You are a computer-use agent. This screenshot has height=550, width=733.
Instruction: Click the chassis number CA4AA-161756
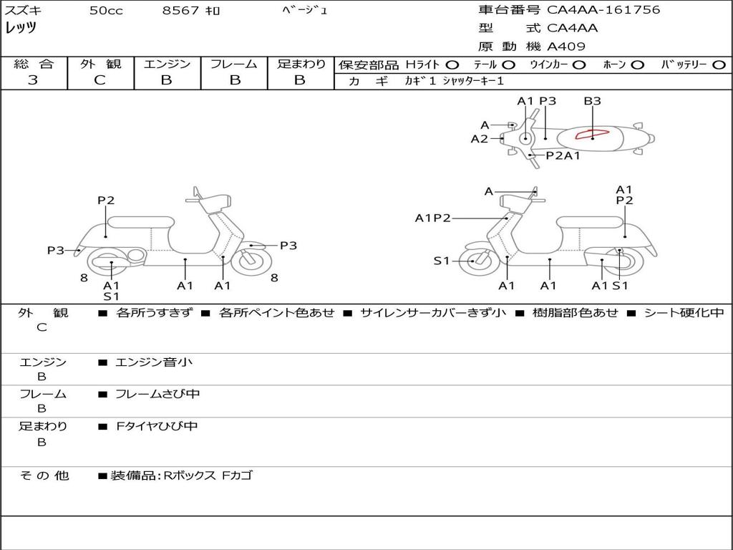[x=603, y=10]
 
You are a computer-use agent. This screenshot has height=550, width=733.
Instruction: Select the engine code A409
[x=566, y=47]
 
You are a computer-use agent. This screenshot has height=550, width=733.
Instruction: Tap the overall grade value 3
[x=33, y=80]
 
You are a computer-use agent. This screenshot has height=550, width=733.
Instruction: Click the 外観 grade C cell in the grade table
[x=100, y=80]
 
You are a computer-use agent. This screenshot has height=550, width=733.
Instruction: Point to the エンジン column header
[x=167, y=64]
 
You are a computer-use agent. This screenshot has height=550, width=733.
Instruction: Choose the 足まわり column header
[x=301, y=64]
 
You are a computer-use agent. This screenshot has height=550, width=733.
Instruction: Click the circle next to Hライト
[x=452, y=65]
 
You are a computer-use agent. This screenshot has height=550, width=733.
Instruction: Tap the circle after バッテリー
[x=719, y=65]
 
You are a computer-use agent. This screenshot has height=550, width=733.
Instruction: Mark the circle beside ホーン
[x=637, y=65]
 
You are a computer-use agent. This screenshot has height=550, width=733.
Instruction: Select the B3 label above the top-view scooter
[x=592, y=101]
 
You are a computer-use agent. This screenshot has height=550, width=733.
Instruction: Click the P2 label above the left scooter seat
[x=106, y=201]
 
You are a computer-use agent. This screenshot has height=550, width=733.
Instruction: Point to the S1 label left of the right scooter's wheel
[x=442, y=261]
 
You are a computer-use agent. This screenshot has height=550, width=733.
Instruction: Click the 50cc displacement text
[x=106, y=11]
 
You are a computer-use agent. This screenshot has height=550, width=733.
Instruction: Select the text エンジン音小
[x=154, y=362]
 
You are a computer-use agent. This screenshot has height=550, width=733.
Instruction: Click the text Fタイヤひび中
[x=157, y=426]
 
